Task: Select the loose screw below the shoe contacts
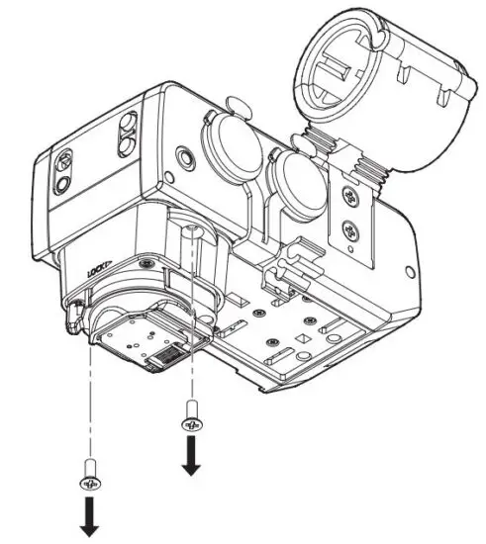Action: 190,419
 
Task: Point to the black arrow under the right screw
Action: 190,456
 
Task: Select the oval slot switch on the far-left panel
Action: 63,163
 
